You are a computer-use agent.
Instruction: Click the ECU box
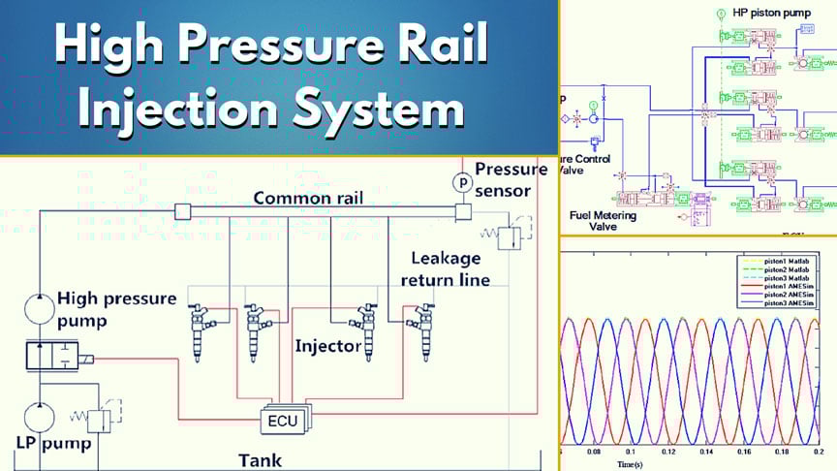283,421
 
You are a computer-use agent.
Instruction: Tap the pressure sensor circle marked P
462,182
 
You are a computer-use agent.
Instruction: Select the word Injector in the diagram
328,345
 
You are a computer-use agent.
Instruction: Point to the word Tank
262,460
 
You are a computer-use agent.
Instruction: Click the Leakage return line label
449,269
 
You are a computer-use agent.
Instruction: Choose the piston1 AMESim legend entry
786,285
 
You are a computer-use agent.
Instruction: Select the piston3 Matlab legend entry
786,276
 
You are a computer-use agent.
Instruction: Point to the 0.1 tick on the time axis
631,452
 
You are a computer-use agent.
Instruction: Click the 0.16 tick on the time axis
740,452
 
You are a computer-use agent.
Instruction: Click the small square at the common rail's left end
181,211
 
